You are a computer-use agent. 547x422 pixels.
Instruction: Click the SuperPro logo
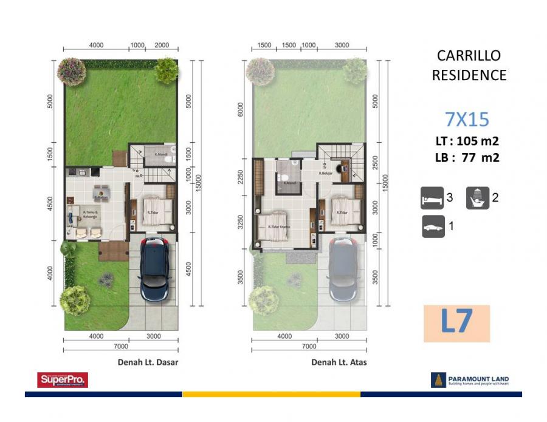coord(63,380)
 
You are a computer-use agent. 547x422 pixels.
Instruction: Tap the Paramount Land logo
coord(470,380)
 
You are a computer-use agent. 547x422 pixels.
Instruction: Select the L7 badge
coord(456,322)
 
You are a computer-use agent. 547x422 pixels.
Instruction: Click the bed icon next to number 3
coord(432,198)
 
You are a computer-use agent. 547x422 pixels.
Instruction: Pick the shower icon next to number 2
coord(478,198)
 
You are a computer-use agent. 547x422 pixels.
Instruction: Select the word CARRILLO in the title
coord(469,56)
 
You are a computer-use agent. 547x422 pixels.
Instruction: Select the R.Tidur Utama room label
coord(279,228)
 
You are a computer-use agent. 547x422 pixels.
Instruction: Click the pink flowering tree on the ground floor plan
coord(71,71)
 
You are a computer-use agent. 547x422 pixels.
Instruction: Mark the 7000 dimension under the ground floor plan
coord(121,347)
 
